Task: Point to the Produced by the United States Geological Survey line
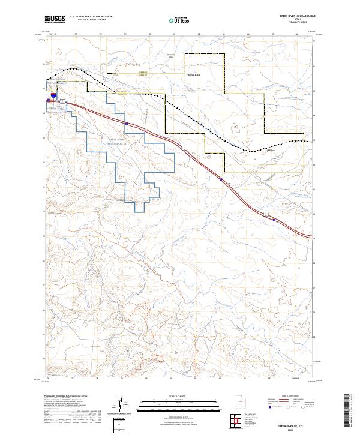coord(66,397)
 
